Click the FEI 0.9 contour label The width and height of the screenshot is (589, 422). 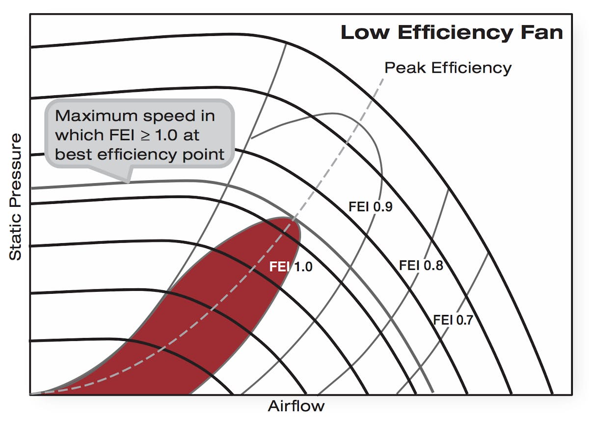tap(370, 207)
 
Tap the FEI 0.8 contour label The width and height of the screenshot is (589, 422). tap(421, 266)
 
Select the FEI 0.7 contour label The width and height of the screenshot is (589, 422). tap(453, 320)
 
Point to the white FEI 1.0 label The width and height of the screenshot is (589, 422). tap(291, 267)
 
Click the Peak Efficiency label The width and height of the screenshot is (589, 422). tap(448, 68)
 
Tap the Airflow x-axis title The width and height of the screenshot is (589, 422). tap(296, 406)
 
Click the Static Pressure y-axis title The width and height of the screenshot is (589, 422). tap(16, 196)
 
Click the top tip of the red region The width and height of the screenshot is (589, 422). tap(293, 219)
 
